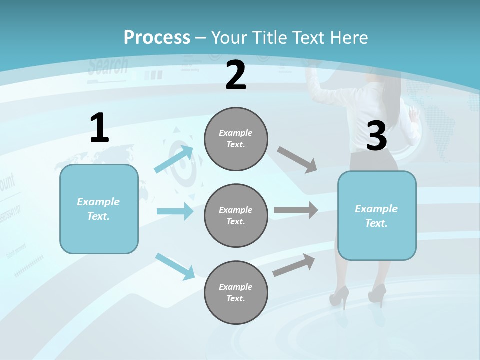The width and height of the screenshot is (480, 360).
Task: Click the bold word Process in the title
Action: (157, 37)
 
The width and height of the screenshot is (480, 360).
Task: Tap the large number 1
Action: (99, 128)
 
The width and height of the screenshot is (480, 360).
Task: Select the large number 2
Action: (236, 75)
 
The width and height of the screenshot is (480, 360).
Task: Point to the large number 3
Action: (376, 136)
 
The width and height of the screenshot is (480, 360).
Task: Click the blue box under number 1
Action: (99, 209)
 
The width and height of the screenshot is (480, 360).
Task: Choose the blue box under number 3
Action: (377, 215)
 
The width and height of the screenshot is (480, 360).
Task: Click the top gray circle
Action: (236, 139)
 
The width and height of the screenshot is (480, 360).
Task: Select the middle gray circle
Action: (236, 215)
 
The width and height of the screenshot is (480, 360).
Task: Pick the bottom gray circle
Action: (236, 292)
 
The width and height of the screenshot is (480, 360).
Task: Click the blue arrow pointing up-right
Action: (174, 159)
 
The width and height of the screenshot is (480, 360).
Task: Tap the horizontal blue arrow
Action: (175, 211)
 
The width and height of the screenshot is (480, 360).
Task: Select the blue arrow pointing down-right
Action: (175, 266)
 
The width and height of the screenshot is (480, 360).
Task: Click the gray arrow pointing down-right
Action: (297, 160)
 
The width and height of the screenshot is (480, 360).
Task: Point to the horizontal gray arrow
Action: (295, 210)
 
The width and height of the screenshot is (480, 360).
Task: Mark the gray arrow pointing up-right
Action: (294, 265)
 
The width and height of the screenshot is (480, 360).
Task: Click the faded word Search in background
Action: (108, 66)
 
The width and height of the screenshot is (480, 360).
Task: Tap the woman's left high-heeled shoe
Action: (338, 296)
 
